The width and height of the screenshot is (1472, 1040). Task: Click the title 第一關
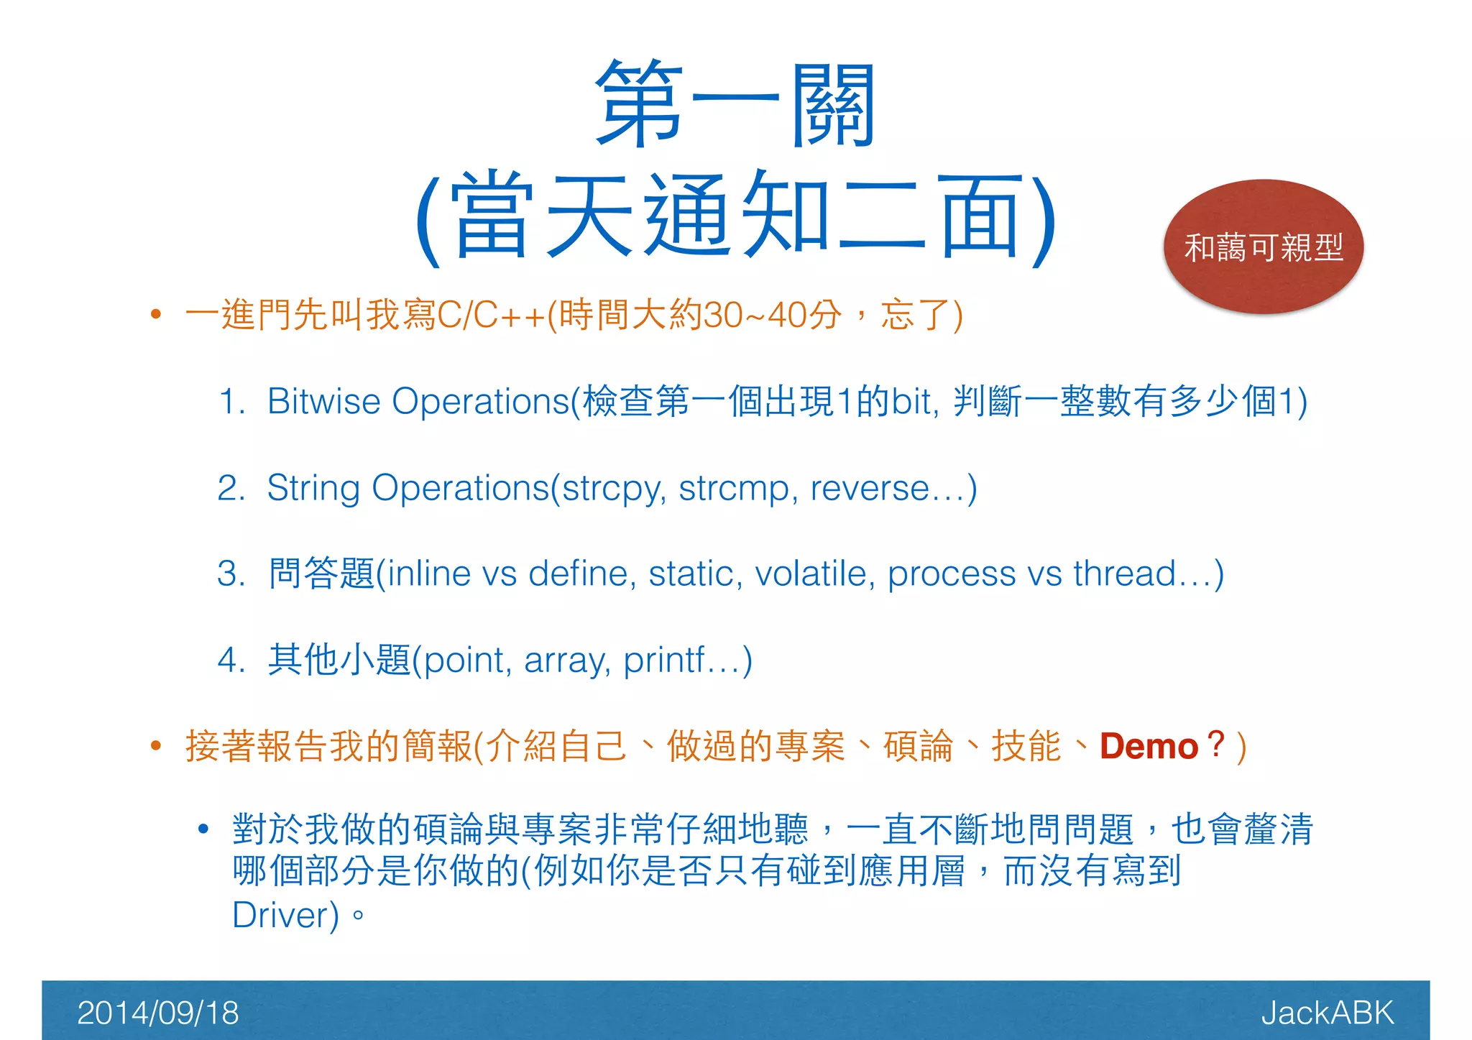(735, 104)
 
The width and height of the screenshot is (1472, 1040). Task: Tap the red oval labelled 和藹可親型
(1263, 247)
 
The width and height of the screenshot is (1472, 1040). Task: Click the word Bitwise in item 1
(323, 401)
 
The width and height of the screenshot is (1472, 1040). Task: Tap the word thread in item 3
(1124, 574)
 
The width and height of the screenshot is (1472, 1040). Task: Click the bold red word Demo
(1149, 746)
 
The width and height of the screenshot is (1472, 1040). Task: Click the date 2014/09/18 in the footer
(157, 1013)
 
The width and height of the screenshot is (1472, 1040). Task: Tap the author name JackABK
(1327, 1013)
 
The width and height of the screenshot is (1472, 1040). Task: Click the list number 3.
(231, 574)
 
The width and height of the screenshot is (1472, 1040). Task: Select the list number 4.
(231, 660)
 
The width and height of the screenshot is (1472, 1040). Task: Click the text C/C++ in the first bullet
(490, 315)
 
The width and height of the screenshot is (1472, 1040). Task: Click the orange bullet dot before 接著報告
(155, 745)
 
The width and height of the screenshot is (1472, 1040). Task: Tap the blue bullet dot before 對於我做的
(203, 829)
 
